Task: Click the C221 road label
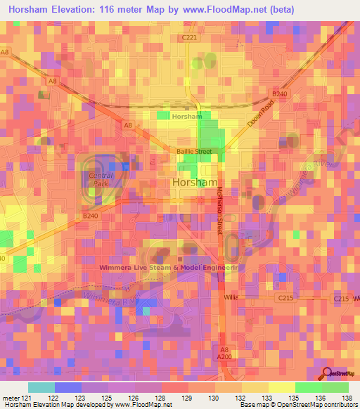(189, 37)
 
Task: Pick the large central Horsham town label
(193, 182)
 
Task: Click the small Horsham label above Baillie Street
(186, 116)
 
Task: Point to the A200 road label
(224, 356)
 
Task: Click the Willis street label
(232, 299)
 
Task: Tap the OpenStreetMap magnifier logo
(327, 373)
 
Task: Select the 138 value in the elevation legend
(347, 397)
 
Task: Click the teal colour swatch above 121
(41, 387)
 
